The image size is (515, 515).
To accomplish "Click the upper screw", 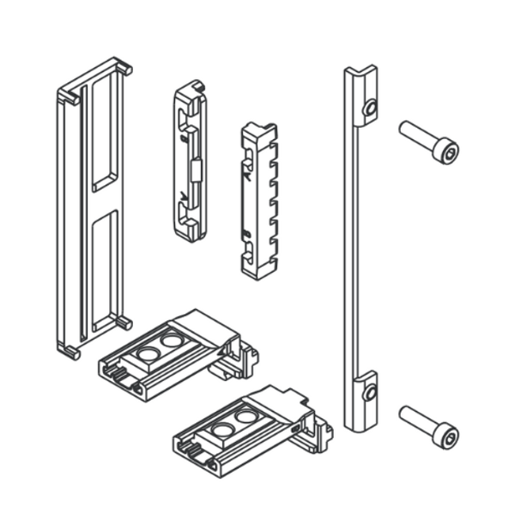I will click(x=427, y=142).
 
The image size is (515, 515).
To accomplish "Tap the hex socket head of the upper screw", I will click(x=447, y=153).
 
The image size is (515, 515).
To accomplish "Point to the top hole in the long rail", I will click(x=369, y=108).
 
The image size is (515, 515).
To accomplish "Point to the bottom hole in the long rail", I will click(x=369, y=392).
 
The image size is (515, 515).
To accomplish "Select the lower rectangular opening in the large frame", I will click(x=105, y=268).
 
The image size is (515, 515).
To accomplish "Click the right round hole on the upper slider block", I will click(x=172, y=341).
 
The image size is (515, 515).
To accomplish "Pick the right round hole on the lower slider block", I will click(x=246, y=417).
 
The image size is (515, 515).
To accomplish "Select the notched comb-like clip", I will click(x=258, y=199).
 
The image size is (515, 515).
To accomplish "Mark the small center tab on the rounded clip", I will click(x=195, y=169).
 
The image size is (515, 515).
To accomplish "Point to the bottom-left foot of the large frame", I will click(x=68, y=349).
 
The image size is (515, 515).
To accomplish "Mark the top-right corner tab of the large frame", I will click(x=124, y=67).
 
